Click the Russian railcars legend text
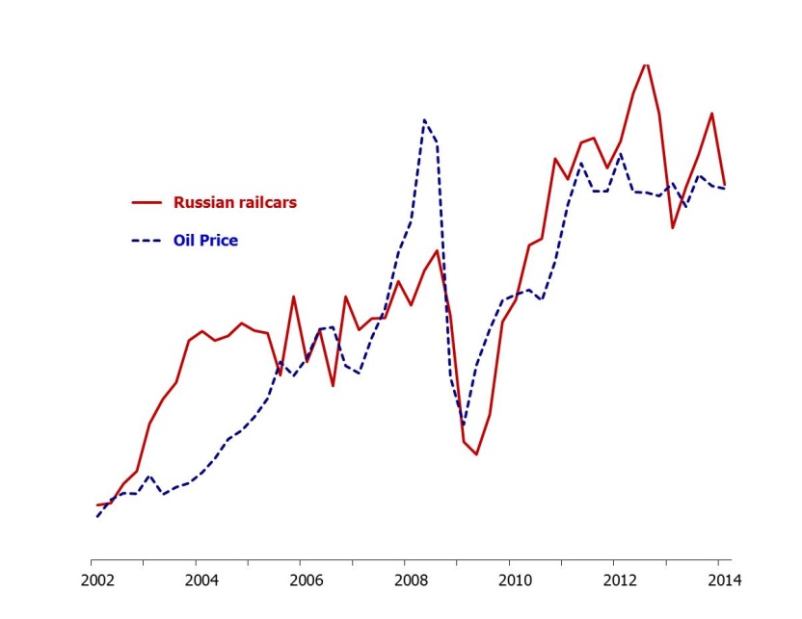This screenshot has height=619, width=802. [234, 202]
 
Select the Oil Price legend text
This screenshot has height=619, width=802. [205, 241]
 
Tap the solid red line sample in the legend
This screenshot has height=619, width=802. [146, 202]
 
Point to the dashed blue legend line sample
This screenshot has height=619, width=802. [146, 241]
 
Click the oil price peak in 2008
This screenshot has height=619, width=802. [424, 119]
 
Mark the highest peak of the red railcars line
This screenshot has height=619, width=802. [645, 64]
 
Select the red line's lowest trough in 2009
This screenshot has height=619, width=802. [476, 454]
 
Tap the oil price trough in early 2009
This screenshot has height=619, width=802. [464, 425]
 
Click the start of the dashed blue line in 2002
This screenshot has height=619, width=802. [97, 517]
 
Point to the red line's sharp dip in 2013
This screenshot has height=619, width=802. [673, 227]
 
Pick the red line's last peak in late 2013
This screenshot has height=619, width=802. [712, 113]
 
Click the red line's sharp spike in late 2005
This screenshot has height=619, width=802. [293, 297]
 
